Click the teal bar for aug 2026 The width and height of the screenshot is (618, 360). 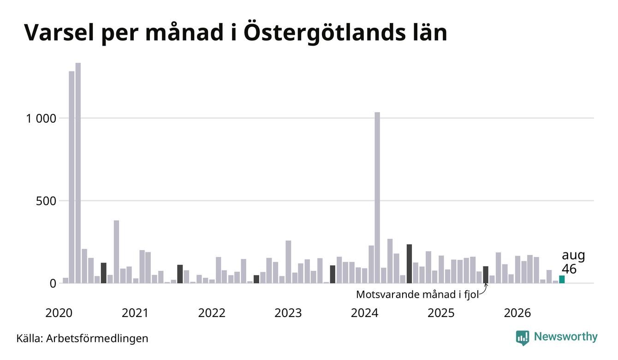point(562,279)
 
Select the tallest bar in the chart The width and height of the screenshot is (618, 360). point(78,173)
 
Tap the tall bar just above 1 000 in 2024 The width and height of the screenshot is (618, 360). point(377,198)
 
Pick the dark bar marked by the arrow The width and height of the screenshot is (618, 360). point(486,275)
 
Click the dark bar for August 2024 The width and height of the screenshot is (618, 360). point(409,264)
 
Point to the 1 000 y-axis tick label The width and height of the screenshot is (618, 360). point(41,119)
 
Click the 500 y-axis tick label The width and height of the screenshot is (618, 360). point(46,201)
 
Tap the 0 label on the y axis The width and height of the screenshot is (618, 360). point(53,283)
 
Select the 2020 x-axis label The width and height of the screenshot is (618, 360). point(59,313)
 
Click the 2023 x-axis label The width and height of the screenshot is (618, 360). point(288,313)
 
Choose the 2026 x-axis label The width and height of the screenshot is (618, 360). point(517,313)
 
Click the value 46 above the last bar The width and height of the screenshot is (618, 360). point(569,269)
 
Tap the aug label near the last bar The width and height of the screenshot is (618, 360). point(573,256)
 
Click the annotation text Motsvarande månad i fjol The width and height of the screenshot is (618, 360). point(417,294)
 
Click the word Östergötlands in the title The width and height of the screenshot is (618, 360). point(322,33)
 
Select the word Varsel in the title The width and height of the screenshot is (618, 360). point(59,33)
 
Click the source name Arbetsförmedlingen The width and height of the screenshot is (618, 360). point(97,338)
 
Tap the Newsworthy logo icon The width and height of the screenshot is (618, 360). point(523,338)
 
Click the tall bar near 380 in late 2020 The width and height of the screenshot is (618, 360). point(116,252)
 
